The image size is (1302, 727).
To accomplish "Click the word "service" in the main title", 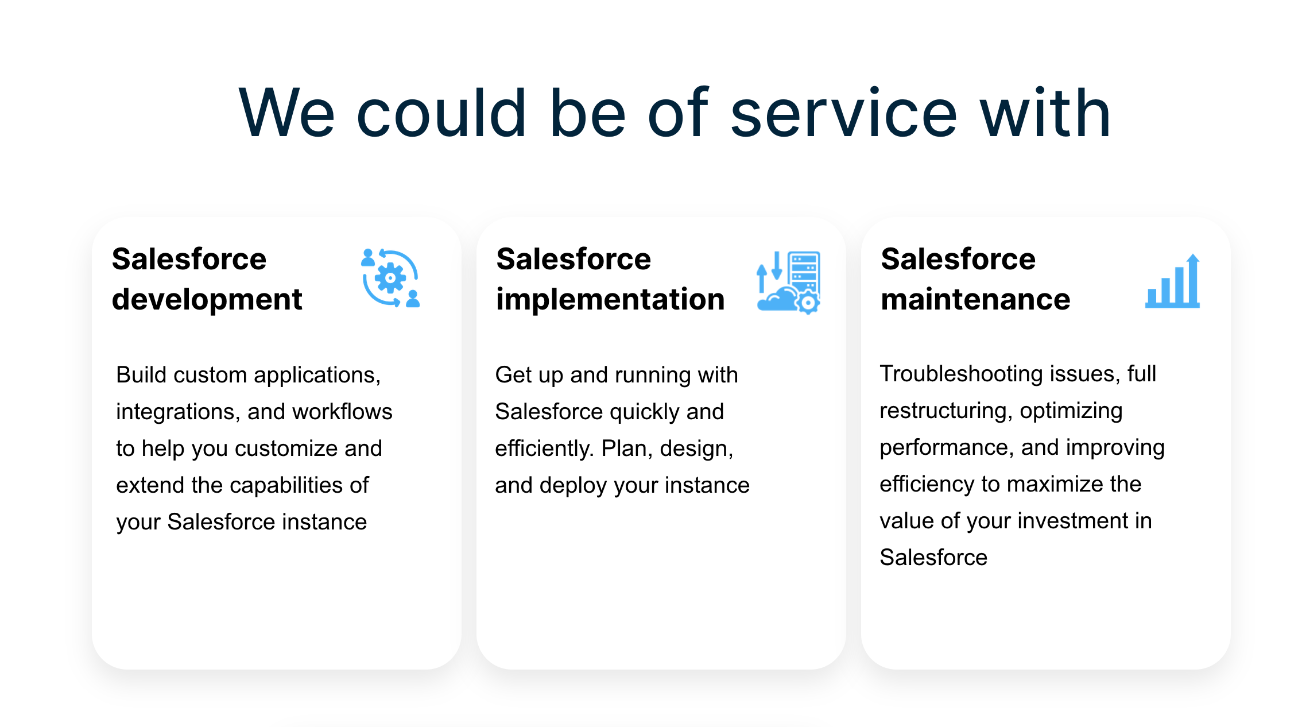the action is (844, 113).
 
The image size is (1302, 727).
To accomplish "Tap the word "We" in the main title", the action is (286, 113).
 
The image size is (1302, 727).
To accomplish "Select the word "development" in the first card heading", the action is (207, 300).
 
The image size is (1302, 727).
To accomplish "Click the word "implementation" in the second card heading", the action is (610, 300).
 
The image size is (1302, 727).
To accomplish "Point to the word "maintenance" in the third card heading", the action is (975, 300).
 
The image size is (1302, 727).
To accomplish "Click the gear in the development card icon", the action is (390, 278).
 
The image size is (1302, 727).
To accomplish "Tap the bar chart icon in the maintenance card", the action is (1172, 281).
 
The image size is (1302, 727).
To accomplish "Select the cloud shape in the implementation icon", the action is (776, 300).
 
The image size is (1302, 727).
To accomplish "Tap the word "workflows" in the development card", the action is (342, 412).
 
